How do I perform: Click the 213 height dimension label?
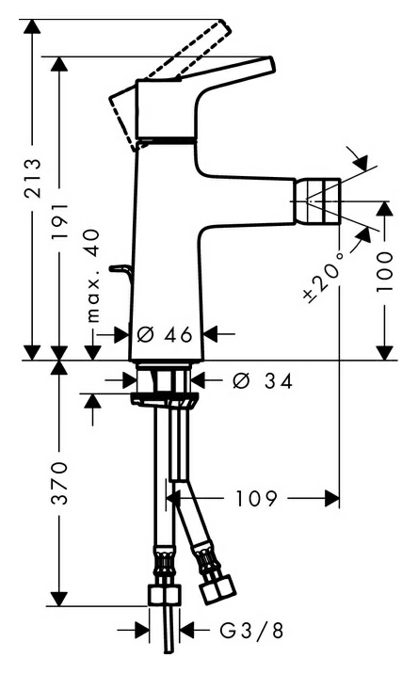[33, 178]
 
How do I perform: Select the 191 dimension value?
[58, 222]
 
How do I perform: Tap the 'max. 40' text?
[92, 276]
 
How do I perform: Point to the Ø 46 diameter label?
[165, 334]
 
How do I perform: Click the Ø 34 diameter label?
[263, 381]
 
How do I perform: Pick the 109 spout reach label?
[256, 498]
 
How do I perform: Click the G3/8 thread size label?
[252, 631]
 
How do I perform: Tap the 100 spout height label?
[384, 272]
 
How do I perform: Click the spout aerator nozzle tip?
[318, 201]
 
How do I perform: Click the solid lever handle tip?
[270, 63]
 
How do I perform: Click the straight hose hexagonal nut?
[165, 595]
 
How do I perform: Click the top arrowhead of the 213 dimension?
[32, 26]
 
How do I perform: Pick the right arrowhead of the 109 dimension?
[332, 498]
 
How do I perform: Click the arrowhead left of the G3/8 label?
[142, 630]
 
